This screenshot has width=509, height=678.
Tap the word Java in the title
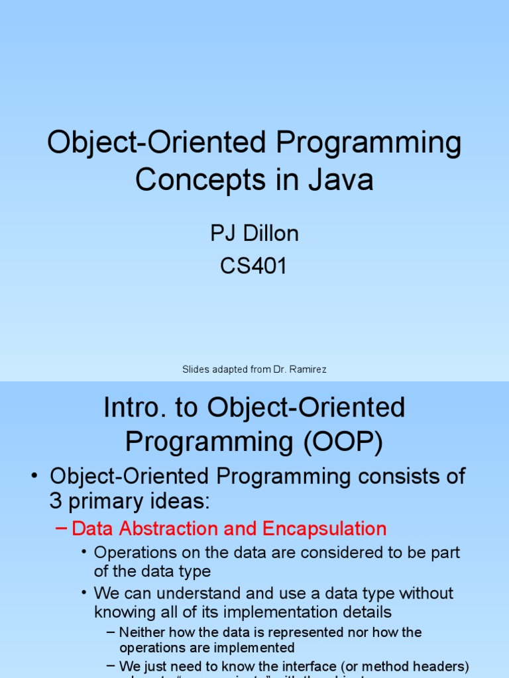click(339, 179)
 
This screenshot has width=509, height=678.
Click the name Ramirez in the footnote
click(307, 369)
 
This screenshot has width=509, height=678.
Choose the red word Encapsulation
click(324, 529)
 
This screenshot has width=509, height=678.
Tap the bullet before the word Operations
click(84, 552)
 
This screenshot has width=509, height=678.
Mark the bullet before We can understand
click(84, 593)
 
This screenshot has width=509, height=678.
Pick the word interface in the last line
click(310, 665)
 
